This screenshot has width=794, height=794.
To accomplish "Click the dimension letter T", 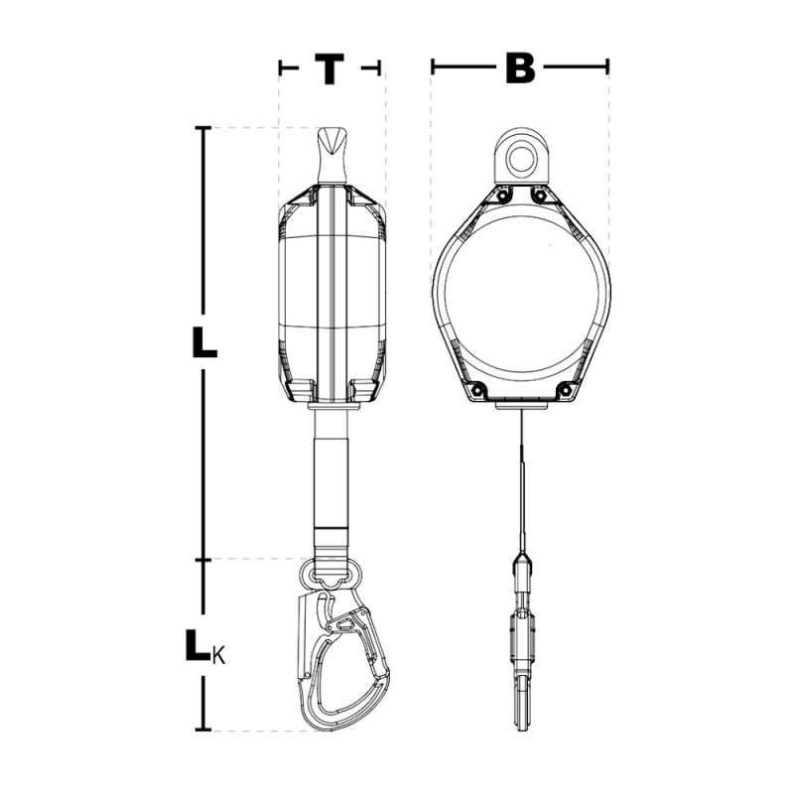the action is click(x=330, y=68).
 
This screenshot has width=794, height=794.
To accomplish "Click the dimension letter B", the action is click(x=520, y=67).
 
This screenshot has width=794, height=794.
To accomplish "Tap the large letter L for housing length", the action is click(x=204, y=341).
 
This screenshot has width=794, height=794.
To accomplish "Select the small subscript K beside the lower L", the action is click(x=218, y=657).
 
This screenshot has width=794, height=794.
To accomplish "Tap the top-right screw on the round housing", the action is click(x=540, y=196).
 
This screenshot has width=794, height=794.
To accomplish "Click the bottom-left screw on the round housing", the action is click(x=476, y=390).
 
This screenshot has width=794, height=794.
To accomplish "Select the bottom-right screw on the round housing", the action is click(x=565, y=390).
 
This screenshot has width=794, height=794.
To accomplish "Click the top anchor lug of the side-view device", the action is click(x=332, y=156).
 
